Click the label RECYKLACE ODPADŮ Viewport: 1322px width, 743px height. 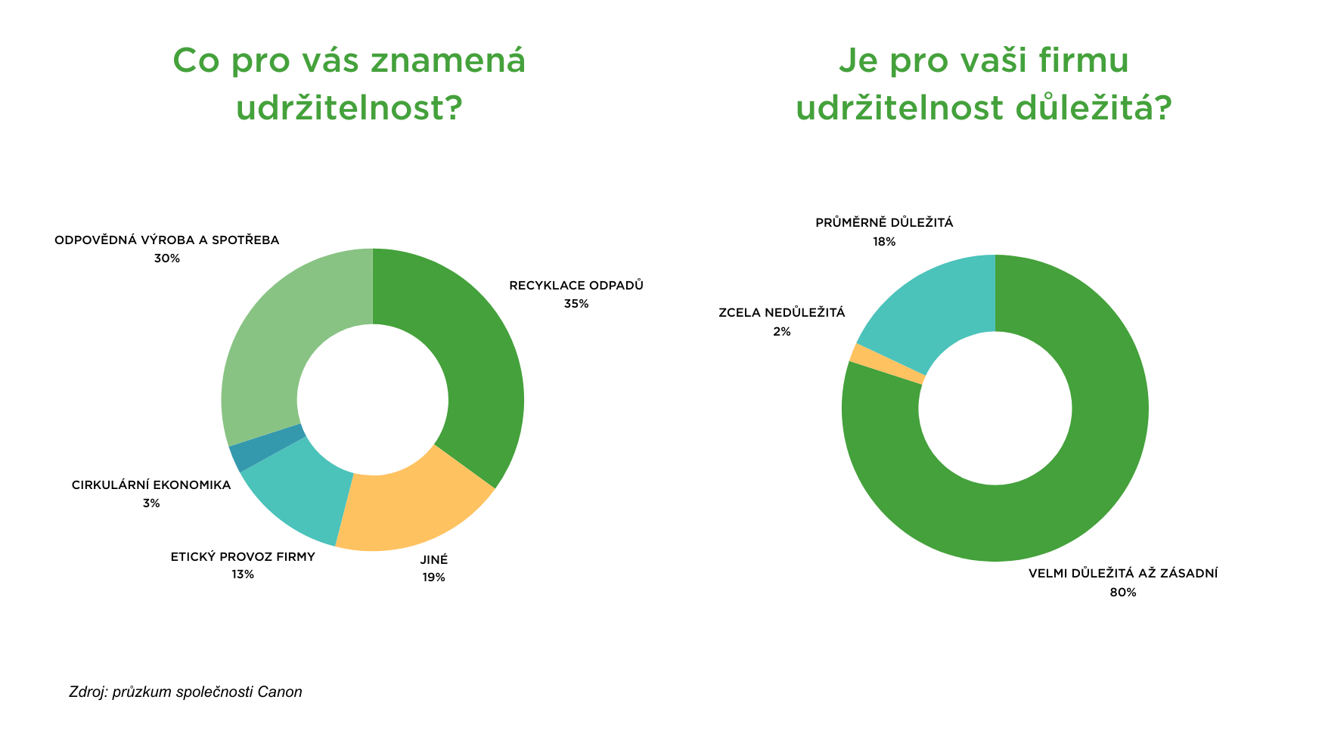[x=576, y=286]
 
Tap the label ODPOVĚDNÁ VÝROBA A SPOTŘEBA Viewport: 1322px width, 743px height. [x=166, y=240]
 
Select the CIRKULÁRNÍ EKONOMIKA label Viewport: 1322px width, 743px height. [x=151, y=485]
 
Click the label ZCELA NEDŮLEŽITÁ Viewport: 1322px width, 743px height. [x=781, y=313]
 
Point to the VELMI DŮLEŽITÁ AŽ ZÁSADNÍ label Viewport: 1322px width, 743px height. [x=1122, y=574]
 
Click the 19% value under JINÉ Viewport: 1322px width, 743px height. [x=433, y=578]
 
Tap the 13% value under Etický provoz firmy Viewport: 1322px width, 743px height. [x=243, y=575]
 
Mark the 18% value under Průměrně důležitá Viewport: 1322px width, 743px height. [x=884, y=242]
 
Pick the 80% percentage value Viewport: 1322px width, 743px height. [x=1122, y=593]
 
